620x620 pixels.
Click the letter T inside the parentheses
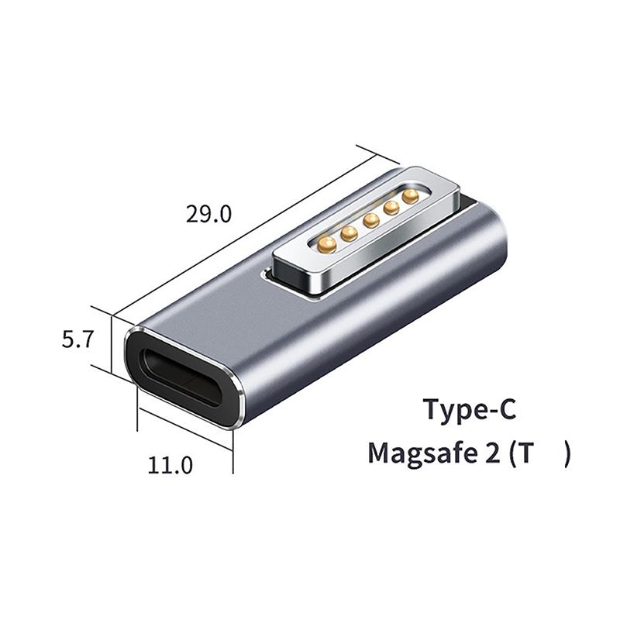[x=527, y=452]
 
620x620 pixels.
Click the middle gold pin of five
[x=370, y=220]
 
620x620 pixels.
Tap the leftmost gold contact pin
[x=327, y=245]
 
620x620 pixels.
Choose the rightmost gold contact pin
[x=411, y=196]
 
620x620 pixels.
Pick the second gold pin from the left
[x=350, y=232]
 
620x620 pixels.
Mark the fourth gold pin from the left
[x=391, y=208]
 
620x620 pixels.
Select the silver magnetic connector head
[x=364, y=229]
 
